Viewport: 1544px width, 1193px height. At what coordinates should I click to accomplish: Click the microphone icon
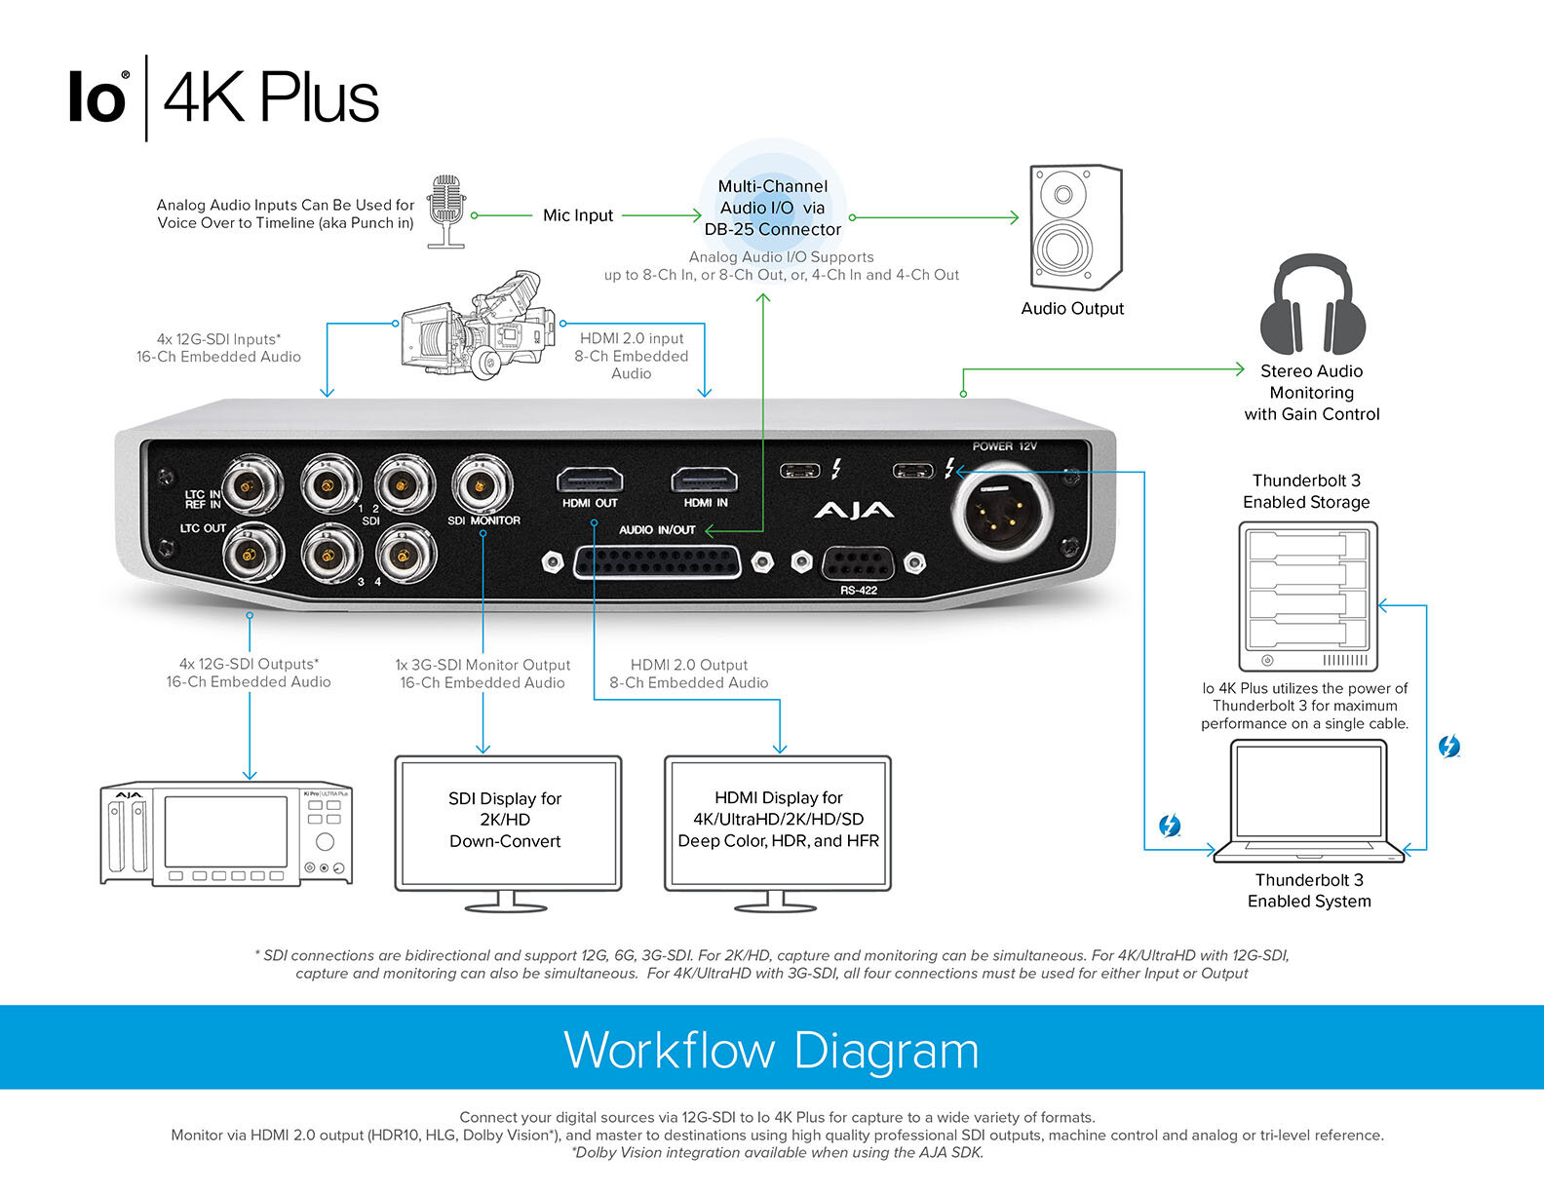(446, 209)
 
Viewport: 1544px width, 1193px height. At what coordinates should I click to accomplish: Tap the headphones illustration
(1311, 306)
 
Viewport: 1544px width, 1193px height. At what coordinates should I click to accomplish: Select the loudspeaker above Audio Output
(1075, 228)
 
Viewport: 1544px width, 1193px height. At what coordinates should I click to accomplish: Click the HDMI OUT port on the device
(590, 481)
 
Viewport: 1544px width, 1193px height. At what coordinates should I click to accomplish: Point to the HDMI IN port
(704, 481)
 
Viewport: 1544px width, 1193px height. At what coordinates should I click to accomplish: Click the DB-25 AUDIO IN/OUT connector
(657, 562)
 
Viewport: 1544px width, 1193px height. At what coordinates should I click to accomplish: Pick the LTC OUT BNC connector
(252, 556)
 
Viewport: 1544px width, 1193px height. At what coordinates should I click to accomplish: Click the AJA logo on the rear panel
(853, 511)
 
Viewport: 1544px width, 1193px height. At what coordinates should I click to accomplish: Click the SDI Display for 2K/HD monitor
(507, 825)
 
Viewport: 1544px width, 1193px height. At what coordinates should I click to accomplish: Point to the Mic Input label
(577, 215)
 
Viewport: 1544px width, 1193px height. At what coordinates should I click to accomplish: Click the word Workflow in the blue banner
(670, 1050)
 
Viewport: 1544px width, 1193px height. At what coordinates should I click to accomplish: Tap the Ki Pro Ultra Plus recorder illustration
(226, 833)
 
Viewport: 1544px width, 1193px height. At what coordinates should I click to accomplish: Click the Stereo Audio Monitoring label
(1311, 392)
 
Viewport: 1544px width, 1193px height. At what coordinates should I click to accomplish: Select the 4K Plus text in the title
(270, 97)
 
